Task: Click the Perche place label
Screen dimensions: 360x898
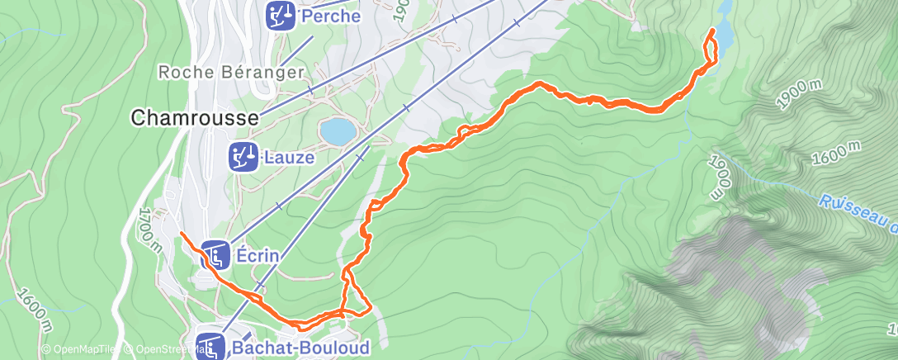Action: pyautogui.click(x=331, y=16)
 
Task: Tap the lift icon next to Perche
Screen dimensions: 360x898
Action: pyautogui.click(x=279, y=13)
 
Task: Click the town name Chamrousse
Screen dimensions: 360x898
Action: pyautogui.click(x=194, y=119)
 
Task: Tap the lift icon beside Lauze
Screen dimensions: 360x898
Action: pyautogui.click(x=243, y=155)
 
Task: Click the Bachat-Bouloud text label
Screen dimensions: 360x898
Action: pyautogui.click(x=300, y=348)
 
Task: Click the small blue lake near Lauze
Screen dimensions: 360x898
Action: pyautogui.click(x=338, y=130)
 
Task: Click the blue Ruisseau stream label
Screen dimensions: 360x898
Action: pyautogui.click(x=858, y=211)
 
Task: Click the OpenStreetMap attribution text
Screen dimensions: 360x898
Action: pyautogui.click(x=162, y=350)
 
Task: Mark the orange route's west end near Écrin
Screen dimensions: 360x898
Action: pyautogui.click(x=181, y=234)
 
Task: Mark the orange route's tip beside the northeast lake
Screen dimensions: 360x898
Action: pyautogui.click(x=713, y=31)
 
